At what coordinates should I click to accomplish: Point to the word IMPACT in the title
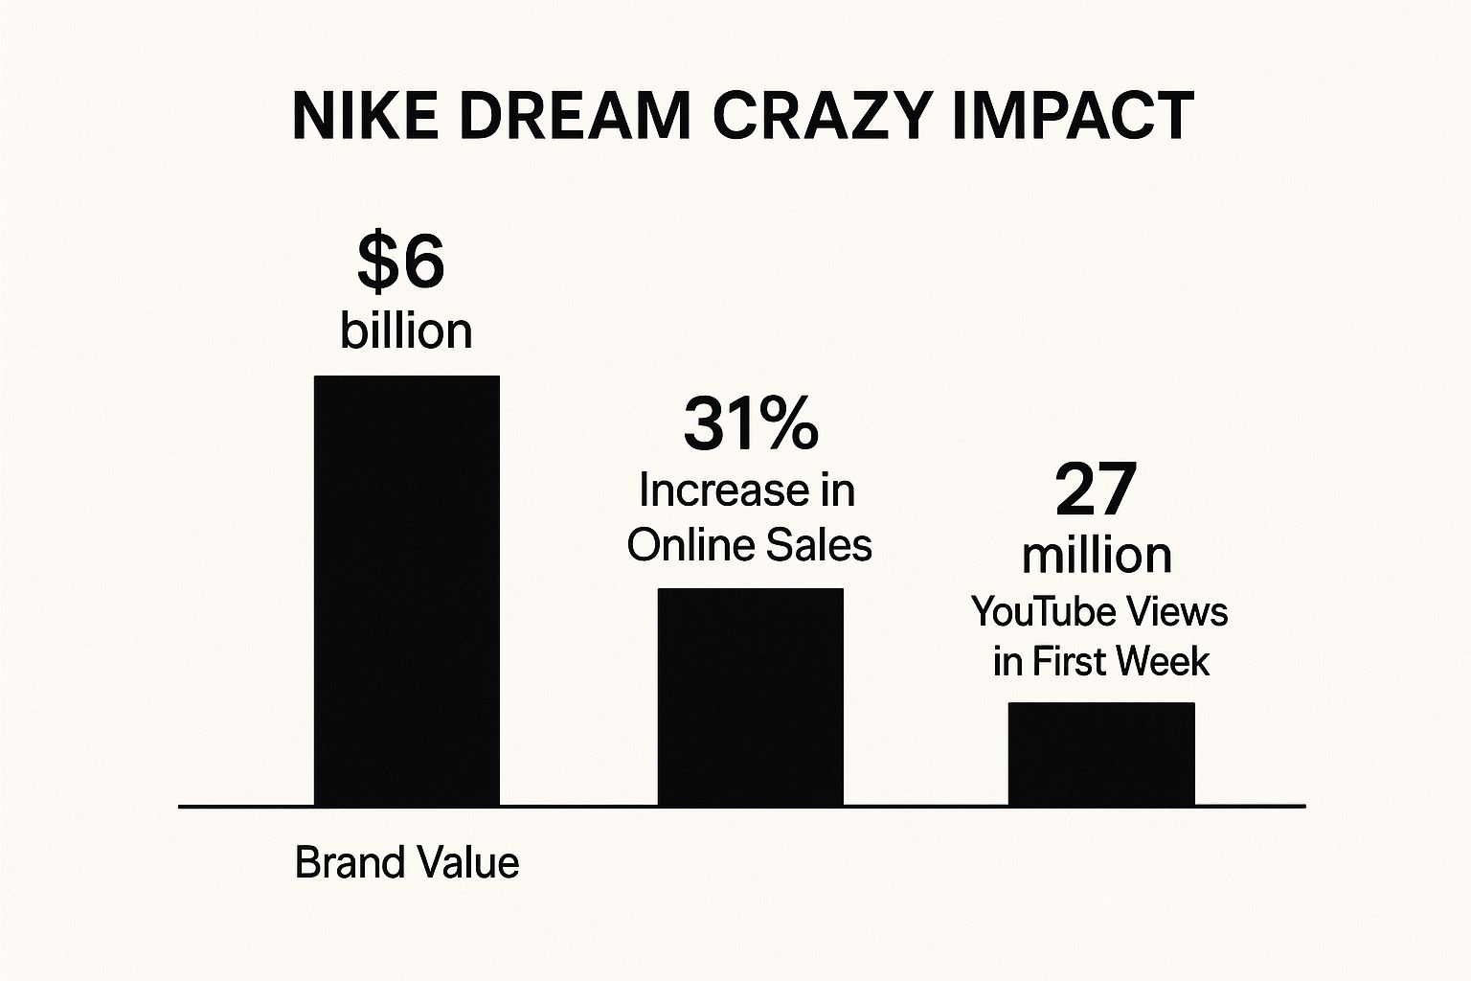[x=1074, y=117]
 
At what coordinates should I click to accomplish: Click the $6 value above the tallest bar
[x=401, y=262]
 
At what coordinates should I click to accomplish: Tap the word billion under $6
[x=406, y=331]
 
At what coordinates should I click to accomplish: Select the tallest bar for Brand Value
[x=407, y=590]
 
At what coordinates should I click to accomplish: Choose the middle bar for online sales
[x=750, y=696]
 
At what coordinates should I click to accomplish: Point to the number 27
[x=1096, y=489]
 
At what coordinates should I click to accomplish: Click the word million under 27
[x=1097, y=555]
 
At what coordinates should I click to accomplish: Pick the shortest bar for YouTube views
[x=1101, y=754]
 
